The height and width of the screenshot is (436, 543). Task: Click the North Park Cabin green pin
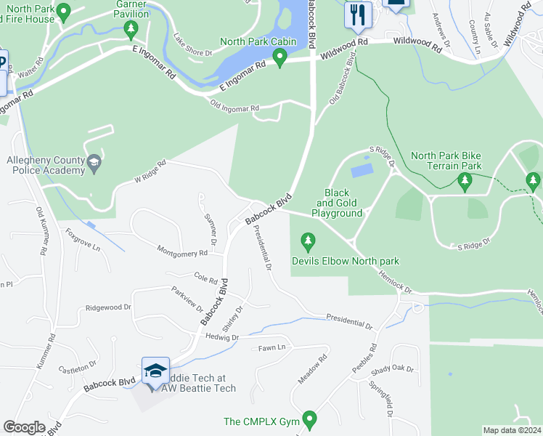click(x=279, y=56)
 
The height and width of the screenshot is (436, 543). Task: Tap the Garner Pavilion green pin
click(x=131, y=30)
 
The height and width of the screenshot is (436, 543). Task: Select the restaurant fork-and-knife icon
click(x=357, y=15)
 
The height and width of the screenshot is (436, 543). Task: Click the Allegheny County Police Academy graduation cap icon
click(x=94, y=164)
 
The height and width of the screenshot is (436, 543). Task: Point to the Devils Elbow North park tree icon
click(x=309, y=240)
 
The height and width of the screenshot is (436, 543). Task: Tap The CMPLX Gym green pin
click(x=310, y=419)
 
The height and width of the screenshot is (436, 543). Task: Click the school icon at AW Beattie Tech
click(x=155, y=371)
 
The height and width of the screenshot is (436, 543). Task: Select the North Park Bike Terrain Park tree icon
click(x=465, y=179)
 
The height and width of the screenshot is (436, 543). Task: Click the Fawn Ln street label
click(x=272, y=348)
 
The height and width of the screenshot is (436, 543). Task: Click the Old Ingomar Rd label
click(x=234, y=109)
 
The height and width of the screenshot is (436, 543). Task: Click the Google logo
click(x=24, y=427)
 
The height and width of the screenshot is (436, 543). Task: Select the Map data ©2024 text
click(x=512, y=430)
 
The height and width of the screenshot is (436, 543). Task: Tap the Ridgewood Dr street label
click(x=107, y=307)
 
